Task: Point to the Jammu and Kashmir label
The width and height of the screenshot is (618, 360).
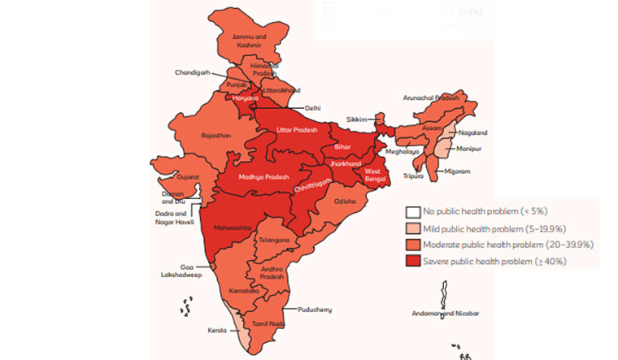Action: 249,41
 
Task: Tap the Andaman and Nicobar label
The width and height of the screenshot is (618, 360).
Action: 446,314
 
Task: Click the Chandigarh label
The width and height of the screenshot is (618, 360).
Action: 192,72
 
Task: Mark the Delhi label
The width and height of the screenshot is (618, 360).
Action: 313,107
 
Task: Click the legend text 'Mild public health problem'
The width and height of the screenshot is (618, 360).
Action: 494,228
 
